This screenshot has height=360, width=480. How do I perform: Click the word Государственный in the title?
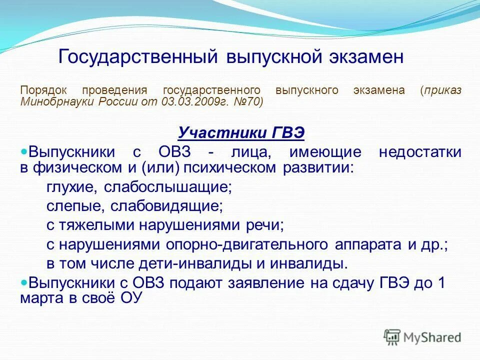pos(138,56)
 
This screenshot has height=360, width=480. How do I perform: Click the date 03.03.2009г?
pos(192,102)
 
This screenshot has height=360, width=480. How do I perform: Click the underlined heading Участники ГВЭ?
pos(241,133)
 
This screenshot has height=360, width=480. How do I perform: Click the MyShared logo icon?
pos(392,336)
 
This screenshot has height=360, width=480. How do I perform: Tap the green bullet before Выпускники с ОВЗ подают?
pos(23,281)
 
